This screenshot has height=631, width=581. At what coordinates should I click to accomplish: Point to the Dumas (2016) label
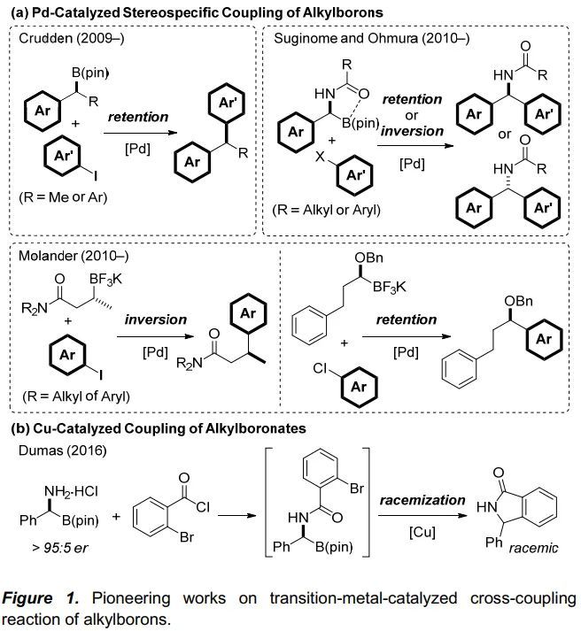click(x=52, y=450)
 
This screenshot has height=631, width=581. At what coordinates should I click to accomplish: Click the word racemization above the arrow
click(x=422, y=501)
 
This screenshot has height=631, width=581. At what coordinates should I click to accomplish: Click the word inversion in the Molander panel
click(x=155, y=319)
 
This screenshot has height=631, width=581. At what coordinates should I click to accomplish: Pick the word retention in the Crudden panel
click(x=138, y=117)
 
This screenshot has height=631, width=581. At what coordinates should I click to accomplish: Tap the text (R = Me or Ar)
click(x=62, y=196)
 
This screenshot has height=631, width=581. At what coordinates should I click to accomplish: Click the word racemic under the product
click(x=534, y=549)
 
